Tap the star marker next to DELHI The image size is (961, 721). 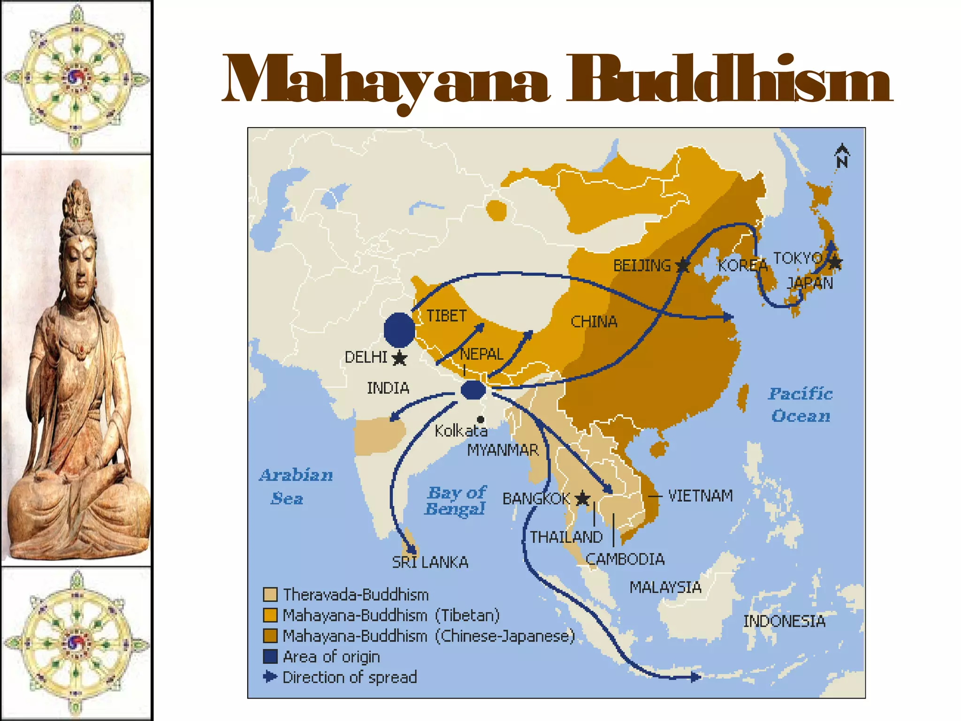[x=399, y=358]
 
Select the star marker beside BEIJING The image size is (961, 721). [x=683, y=266]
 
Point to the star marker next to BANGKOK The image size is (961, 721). [x=582, y=498]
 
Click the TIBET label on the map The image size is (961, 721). [x=446, y=316]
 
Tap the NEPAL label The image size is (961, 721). [x=481, y=354]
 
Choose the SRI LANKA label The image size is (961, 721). [x=430, y=562]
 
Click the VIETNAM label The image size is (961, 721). [x=700, y=496]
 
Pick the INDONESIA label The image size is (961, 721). [x=784, y=621]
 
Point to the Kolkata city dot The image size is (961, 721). [x=480, y=419]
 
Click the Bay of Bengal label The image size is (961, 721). [x=456, y=500]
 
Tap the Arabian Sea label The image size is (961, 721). [x=296, y=486]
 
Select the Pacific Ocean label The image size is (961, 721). [x=801, y=405]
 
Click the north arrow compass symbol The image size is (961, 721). [x=842, y=156]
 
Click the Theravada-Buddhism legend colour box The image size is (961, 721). [x=270, y=595]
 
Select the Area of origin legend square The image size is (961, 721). [x=270, y=656]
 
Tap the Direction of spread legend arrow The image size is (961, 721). [x=270, y=677]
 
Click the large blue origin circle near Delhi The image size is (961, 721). [x=399, y=330]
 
